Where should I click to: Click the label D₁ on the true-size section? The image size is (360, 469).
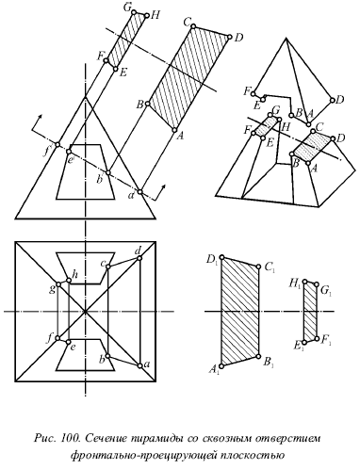212,260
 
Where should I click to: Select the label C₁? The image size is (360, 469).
270,267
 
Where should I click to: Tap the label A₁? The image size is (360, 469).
213,371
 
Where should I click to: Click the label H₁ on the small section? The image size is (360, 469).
296,285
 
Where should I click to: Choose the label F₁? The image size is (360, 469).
326,340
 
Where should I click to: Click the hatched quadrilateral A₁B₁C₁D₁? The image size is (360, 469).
240,312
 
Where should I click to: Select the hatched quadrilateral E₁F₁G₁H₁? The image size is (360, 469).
310,311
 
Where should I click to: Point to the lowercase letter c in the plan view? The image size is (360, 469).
103,265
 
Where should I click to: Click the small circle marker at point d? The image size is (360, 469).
139,258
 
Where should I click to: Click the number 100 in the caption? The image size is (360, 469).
70,438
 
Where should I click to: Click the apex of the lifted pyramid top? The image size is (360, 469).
286,39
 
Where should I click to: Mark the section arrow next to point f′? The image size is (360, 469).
36,122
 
